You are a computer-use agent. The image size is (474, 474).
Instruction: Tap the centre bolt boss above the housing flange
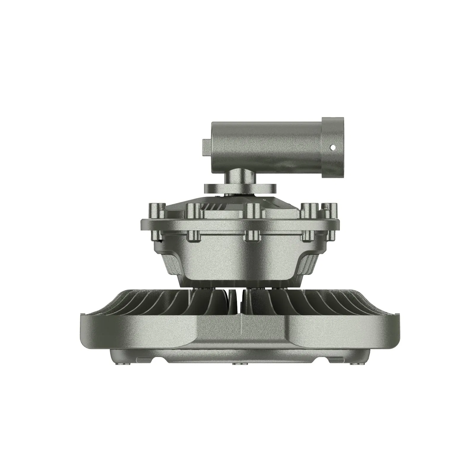252,211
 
